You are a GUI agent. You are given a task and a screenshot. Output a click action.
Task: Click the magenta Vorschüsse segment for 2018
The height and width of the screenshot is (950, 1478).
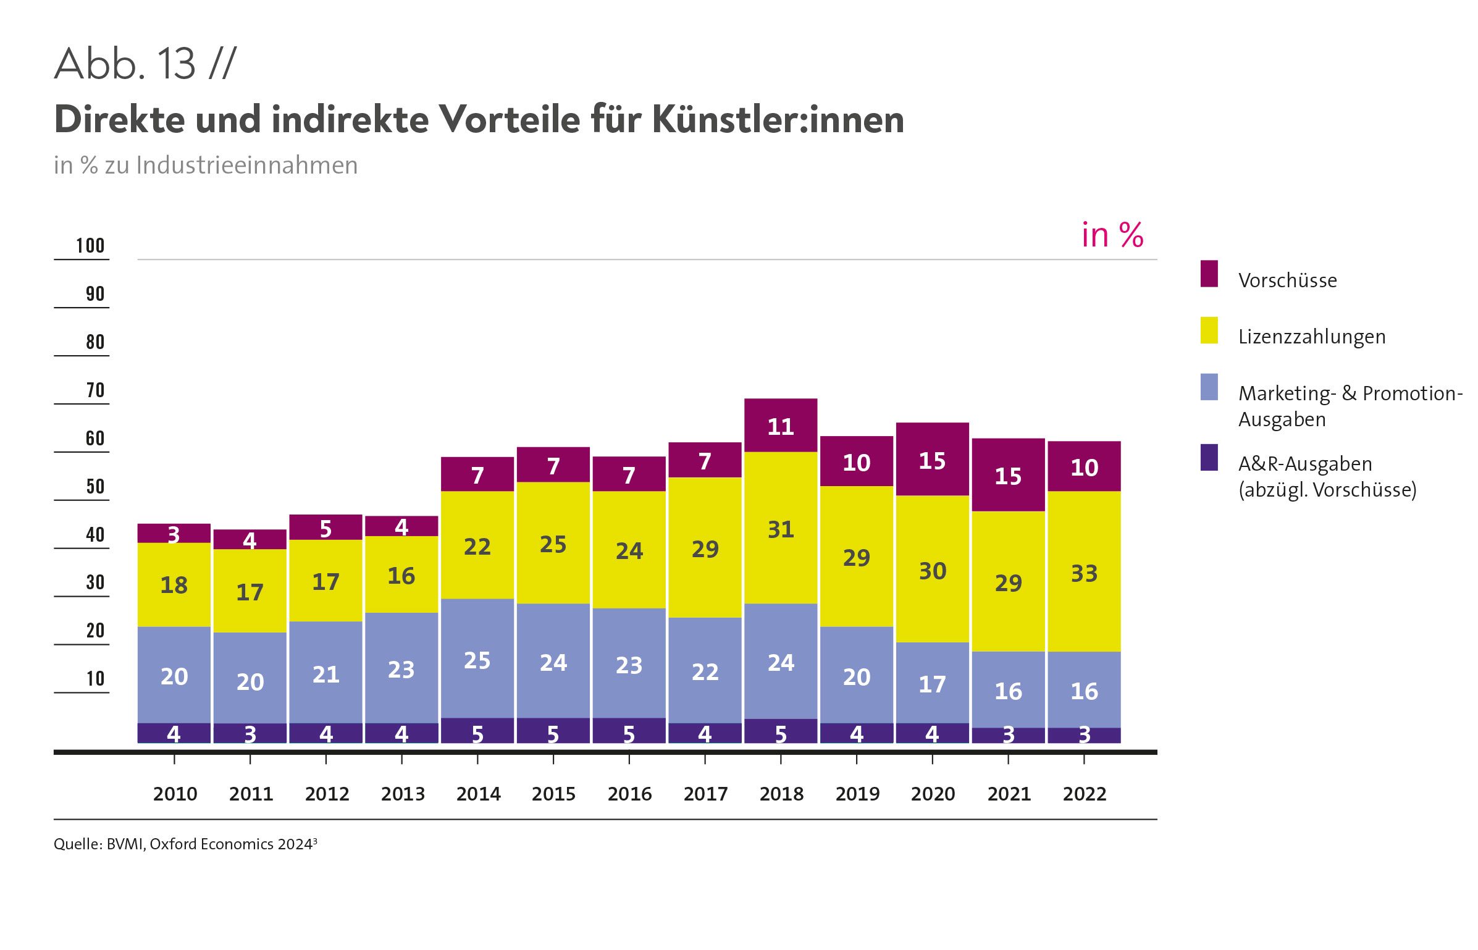(780, 426)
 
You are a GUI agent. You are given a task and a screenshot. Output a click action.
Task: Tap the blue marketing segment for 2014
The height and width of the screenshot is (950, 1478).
(477, 658)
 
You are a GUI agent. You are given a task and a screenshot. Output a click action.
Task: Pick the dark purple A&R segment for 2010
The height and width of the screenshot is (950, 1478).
(174, 733)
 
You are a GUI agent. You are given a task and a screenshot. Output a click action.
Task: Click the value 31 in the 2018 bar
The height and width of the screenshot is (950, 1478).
(780, 529)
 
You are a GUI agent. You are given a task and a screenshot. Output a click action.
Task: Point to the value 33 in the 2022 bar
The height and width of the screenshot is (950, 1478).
(1084, 573)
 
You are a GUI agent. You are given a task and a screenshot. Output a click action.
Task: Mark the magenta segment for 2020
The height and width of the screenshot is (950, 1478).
(932, 460)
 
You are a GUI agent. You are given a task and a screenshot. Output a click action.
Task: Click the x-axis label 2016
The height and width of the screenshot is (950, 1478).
(629, 794)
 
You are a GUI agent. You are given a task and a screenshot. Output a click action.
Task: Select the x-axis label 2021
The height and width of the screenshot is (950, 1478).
(1009, 794)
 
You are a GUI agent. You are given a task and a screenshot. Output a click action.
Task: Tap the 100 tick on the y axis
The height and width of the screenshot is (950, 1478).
(90, 246)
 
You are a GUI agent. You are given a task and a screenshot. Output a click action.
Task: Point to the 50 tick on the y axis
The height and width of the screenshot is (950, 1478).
(94, 487)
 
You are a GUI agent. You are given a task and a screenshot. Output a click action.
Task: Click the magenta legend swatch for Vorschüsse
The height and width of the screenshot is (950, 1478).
(1209, 274)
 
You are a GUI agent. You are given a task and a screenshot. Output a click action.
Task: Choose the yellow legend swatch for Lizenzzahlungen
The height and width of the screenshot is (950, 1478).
(1209, 330)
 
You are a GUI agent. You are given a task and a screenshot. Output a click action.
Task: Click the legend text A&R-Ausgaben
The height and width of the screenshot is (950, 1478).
(1304, 464)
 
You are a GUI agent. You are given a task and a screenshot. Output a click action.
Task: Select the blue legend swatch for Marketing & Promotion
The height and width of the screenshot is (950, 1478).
(1209, 387)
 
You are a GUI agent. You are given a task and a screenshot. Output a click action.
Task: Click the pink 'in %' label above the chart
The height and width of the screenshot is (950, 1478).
(1112, 235)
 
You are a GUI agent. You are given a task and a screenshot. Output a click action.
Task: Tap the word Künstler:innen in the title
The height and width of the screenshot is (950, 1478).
(778, 119)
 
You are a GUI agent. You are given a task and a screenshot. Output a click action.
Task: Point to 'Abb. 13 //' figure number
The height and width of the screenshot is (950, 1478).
(145, 64)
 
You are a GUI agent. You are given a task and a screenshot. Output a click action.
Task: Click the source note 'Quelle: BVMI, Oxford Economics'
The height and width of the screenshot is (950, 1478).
(185, 844)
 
